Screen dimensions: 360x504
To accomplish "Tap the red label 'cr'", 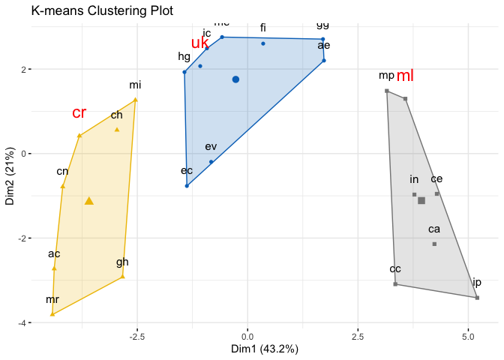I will [x=79, y=113].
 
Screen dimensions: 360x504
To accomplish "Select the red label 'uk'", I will [x=199, y=43].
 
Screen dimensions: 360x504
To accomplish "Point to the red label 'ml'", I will [x=405, y=76].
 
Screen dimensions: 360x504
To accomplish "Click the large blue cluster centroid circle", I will [x=235, y=79].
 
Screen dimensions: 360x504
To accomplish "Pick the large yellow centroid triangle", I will [x=89, y=200].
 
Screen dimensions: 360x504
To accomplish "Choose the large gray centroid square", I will [x=421, y=200].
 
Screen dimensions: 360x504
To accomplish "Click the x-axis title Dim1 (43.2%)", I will [x=267, y=349].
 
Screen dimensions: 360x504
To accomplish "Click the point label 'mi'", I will [x=135, y=85].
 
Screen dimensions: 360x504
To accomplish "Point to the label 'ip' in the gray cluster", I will [x=477, y=283].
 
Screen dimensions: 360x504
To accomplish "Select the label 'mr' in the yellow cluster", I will [x=52, y=299].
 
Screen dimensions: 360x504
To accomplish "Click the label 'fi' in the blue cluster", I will [x=263, y=28].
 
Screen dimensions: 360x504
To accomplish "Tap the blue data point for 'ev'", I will [x=211, y=161].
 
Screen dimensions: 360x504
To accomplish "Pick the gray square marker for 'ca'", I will [x=434, y=244].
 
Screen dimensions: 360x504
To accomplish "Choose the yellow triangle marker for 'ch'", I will [x=117, y=129].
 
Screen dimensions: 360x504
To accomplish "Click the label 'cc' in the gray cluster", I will [x=395, y=268].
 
